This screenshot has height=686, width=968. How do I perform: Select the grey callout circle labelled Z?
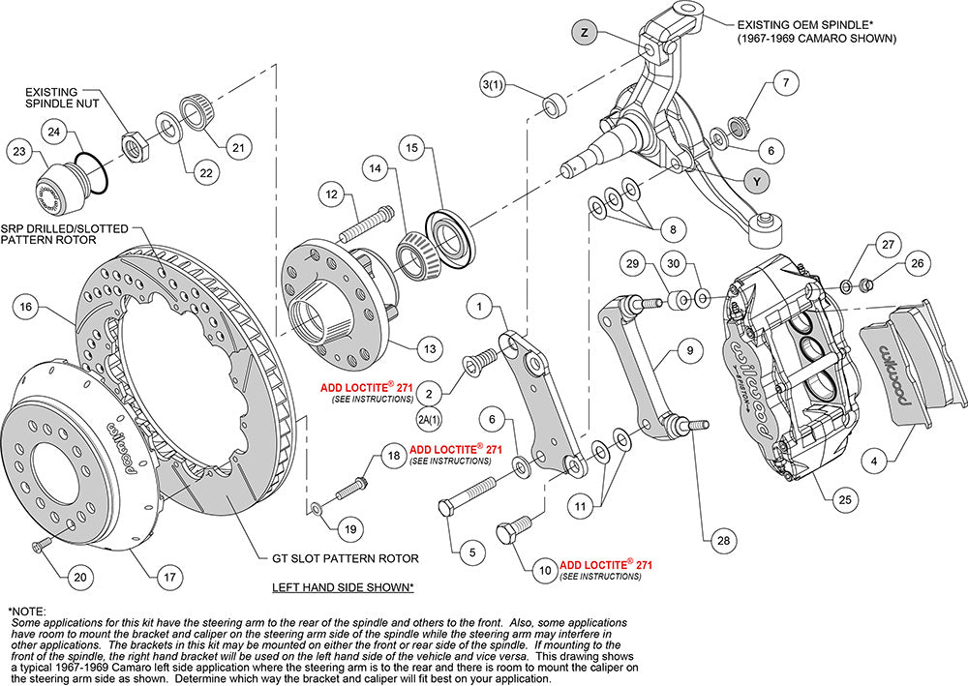coord(585,31)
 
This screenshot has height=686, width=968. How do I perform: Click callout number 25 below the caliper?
coord(844,499)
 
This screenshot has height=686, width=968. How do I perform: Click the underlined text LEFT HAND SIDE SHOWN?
coord(343,587)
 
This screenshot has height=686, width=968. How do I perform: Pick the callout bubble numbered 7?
coord(786,83)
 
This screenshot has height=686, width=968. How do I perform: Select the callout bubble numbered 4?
coord(875,462)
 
